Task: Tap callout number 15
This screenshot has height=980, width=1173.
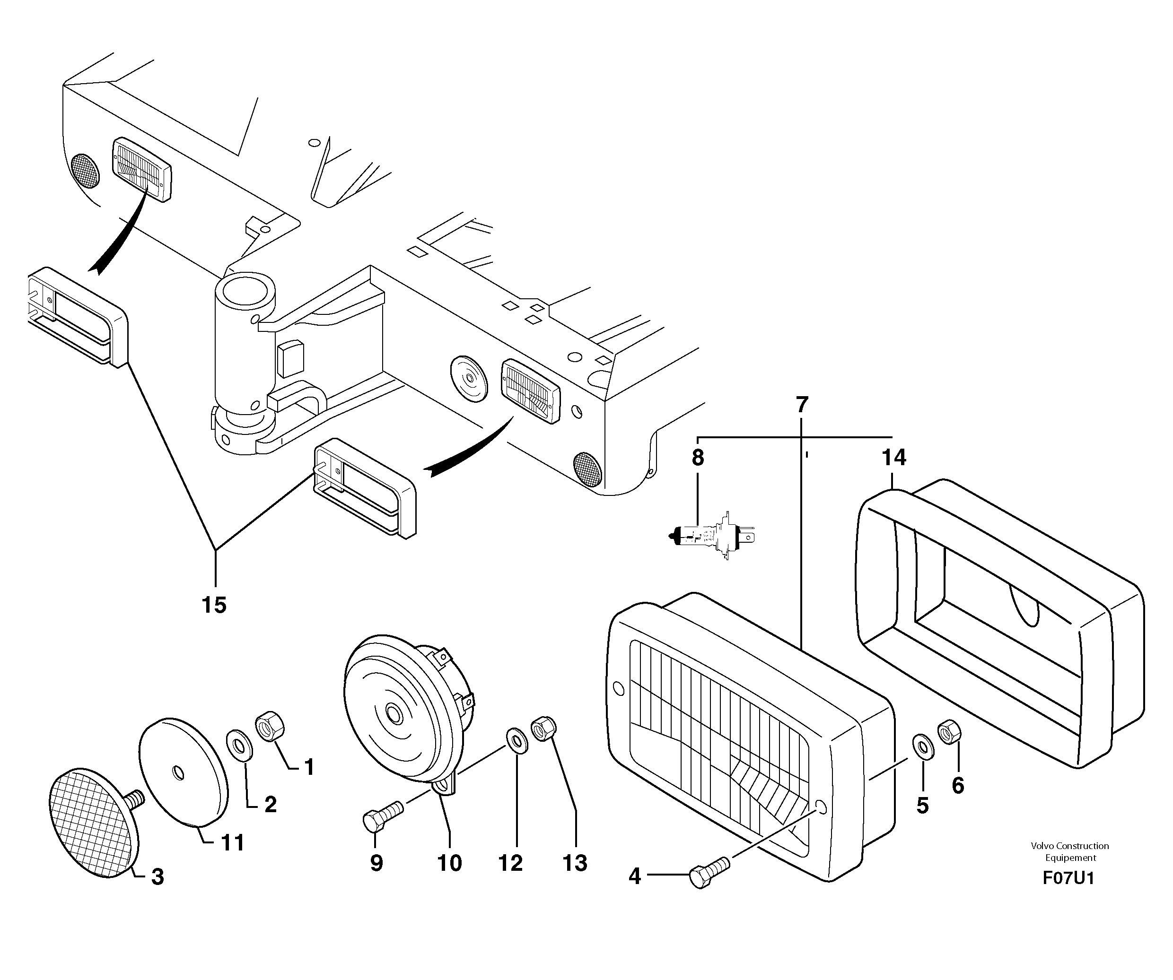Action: click(x=214, y=605)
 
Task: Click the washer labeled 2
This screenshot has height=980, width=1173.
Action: click(x=239, y=745)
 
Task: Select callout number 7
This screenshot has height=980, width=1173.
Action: click(x=802, y=405)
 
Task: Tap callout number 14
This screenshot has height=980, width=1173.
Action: click(x=894, y=457)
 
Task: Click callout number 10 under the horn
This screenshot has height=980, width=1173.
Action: click(x=450, y=863)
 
